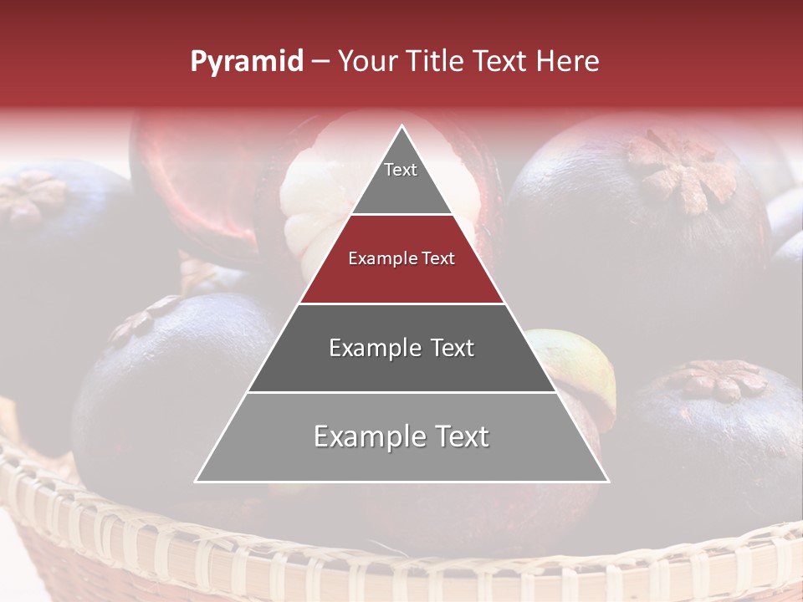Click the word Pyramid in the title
pyautogui.click(x=246, y=62)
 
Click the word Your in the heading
pyautogui.click(x=365, y=62)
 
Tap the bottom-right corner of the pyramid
pyautogui.click(x=607, y=481)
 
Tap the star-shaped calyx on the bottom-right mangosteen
pyautogui.click(x=717, y=380)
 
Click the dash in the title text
pyautogui.click(x=320, y=62)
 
